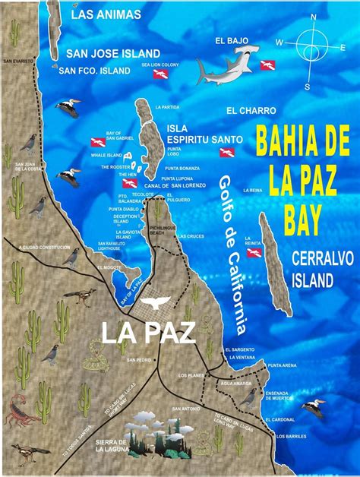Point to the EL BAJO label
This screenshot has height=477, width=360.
click(x=231, y=40)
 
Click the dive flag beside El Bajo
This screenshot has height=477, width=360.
click(x=268, y=65)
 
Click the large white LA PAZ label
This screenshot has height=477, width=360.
click(x=148, y=332)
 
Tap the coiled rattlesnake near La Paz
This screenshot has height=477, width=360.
click(x=95, y=352)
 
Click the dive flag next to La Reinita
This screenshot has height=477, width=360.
click(x=254, y=252)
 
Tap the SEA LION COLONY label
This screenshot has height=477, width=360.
click(x=159, y=65)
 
